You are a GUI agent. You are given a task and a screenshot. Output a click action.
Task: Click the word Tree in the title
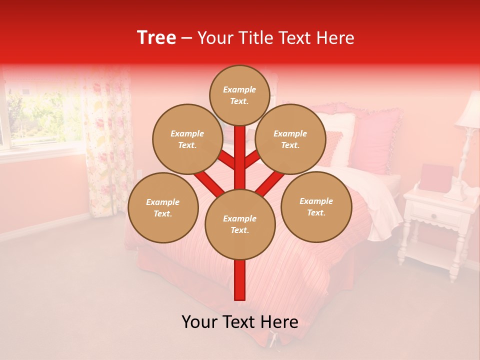coord(156,37)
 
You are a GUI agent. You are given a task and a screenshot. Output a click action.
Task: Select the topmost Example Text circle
coord(239,95)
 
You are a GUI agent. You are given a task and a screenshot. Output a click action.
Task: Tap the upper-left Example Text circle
coord(187,139)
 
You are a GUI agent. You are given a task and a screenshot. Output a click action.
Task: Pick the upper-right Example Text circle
coord(290,139)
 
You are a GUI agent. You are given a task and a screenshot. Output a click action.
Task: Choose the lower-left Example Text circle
coord(163,207)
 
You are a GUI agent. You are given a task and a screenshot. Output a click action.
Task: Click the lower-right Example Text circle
coord(316,206)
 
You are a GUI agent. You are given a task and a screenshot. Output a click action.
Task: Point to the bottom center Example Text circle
coord(240,224)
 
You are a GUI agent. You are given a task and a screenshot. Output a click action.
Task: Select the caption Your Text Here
coord(240,322)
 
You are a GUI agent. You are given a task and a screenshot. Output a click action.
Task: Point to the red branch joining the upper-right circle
coord(252,159)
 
